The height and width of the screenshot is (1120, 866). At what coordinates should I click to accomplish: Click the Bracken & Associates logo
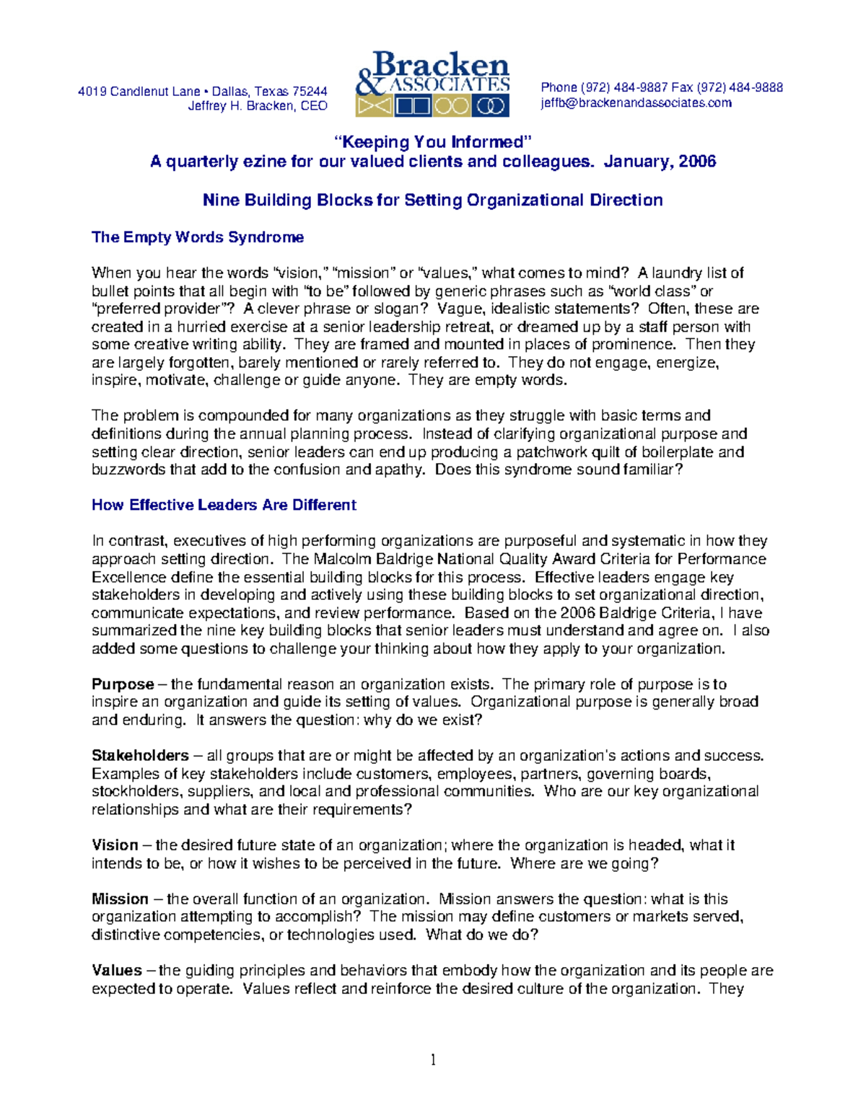pos(433,84)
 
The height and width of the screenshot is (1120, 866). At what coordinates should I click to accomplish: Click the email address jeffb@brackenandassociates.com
pos(636,103)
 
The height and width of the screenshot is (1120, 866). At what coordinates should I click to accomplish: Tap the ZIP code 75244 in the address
pos(310,92)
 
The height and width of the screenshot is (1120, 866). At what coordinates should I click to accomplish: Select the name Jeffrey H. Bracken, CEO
pos(258,106)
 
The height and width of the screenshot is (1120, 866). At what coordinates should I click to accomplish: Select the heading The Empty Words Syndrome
pos(197,237)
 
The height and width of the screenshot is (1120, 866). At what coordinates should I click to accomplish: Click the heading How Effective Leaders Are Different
pos(224,505)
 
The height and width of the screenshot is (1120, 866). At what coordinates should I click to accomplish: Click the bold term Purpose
pos(123,684)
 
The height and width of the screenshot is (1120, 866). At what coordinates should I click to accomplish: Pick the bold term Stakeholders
pos(140,756)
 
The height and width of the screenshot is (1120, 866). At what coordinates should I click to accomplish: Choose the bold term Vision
pos(115,845)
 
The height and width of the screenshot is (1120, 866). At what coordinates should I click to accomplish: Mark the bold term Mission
pos(120,899)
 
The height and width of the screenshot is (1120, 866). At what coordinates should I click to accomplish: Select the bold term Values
pos(117,971)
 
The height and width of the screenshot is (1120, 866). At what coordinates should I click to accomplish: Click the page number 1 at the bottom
pos(433,1059)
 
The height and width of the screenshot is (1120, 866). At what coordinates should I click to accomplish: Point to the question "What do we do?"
pos(482,935)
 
